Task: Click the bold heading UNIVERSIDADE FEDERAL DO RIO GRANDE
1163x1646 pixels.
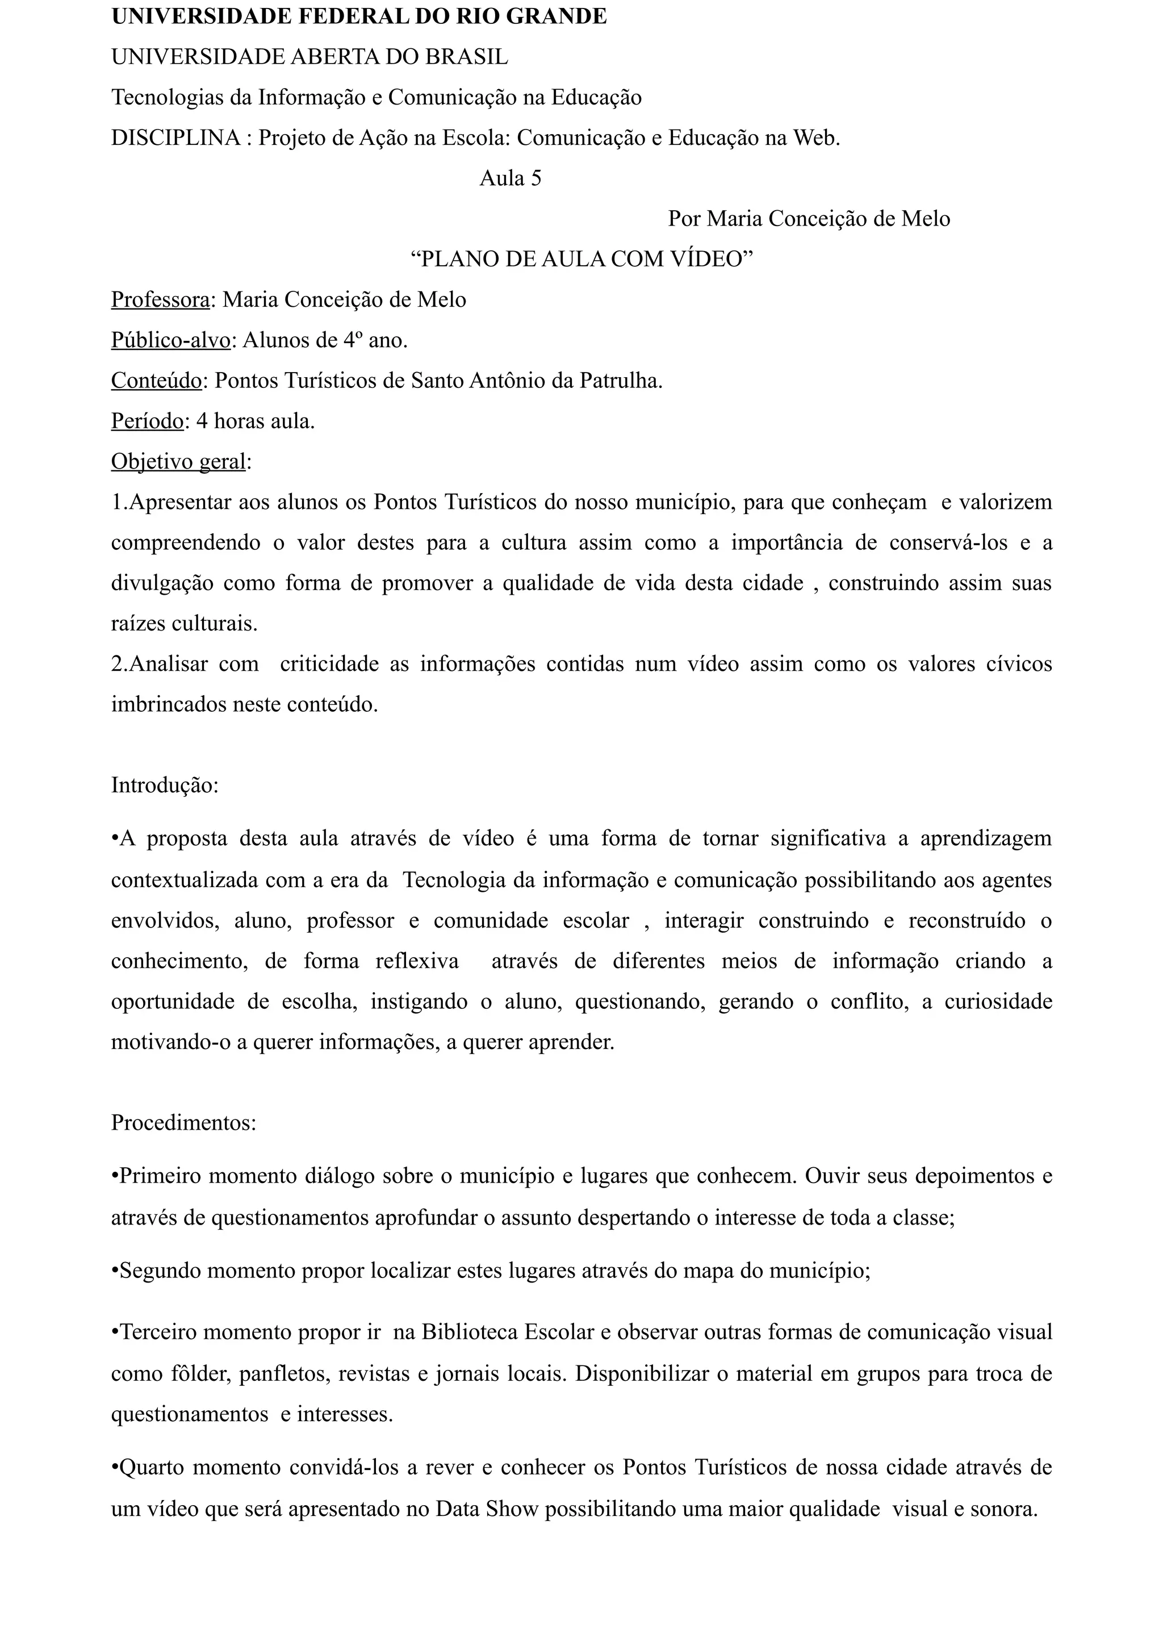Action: click(x=359, y=16)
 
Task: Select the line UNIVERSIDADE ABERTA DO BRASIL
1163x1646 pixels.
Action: click(x=309, y=57)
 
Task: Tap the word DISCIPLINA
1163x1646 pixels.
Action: click(x=175, y=137)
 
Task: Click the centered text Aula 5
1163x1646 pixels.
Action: click(x=510, y=178)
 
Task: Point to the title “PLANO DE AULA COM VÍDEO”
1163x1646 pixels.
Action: click(x=582, y=259)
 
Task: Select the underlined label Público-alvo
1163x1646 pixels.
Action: click(x=170, y=340)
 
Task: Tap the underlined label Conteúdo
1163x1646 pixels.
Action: click(x=156, y=380)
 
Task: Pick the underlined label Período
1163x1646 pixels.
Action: click(x=148, y=421)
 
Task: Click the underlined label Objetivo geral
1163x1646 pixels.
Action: click(x=178, y=461)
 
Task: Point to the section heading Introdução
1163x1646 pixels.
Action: click(x=164, y=785)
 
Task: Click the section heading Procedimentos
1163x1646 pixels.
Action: click(x=183, y=1122)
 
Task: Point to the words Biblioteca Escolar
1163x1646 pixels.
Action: click(x=508, y=1332)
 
